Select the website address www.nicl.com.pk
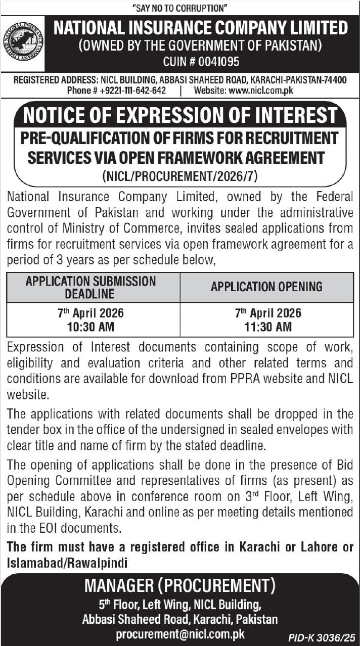(261, 90)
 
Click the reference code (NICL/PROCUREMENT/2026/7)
(179, 176)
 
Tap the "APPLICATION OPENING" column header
(266, 287)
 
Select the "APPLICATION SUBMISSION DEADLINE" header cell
(91, 287)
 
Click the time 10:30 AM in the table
(91, 327)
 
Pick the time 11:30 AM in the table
(267, 327)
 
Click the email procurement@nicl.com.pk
(180, 634)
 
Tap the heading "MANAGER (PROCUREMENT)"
(180, 586)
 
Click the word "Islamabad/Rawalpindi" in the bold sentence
(67, 563)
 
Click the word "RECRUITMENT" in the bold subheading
(288, 137)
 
